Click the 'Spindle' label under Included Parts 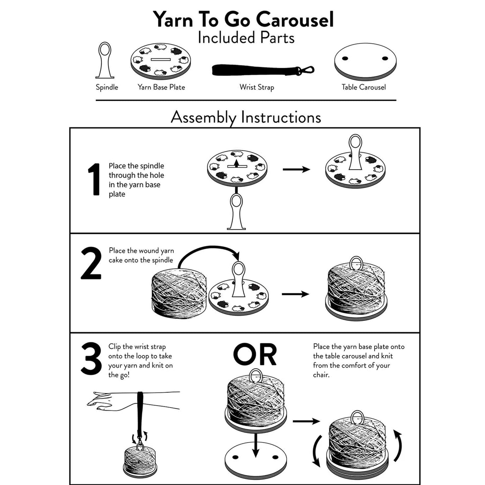click(x=107, y=87)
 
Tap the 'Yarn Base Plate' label click(x=161, y=87)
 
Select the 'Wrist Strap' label click(x=257, y=87)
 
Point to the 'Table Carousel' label click(x=363, y=87)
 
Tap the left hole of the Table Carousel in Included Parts click(x=345, y=58)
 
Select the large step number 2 click(x=91, y=264)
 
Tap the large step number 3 click(x=91, y=359)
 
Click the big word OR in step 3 click(x=255, y=355)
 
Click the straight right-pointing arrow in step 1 click(x=296, y=169)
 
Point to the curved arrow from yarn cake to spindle click(x=208, y=250)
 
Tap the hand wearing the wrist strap click(x=101, y=401)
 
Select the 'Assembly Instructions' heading click(x=246, y=117)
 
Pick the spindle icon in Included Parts click(x=105, y=60)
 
